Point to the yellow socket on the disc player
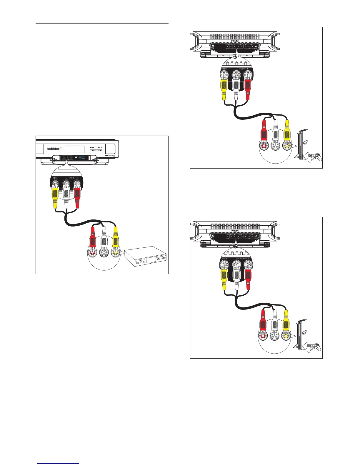tap(116, 252)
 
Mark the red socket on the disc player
tap(93, 252)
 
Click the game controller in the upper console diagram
tap(314, 156)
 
